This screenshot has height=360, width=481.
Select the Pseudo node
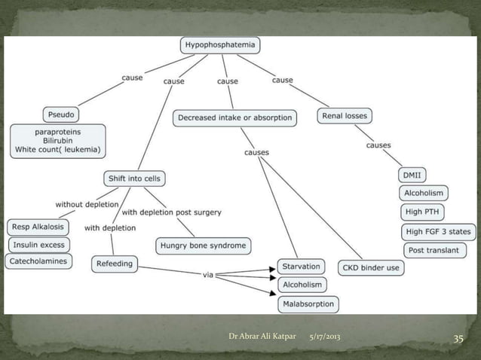(61, 115)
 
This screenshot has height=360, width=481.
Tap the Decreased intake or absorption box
(234, 118)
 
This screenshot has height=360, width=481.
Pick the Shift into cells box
(133, 178)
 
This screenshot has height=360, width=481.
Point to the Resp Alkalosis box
(38, 227)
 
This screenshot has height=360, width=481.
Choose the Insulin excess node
(38, 245)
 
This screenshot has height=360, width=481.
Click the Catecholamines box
(38, 261)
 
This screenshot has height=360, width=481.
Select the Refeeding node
(115, 264)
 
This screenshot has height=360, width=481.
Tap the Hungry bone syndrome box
(203, 246)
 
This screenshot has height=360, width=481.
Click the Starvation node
(302, 267)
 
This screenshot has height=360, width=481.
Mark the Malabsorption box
(308, 304)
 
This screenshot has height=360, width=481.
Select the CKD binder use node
(372, 267)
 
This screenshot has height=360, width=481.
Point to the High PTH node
(424, 212)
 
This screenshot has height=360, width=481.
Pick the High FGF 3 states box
(440, 231)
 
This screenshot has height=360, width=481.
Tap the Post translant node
(434, 250)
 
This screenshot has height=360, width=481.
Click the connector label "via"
(209, 275)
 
